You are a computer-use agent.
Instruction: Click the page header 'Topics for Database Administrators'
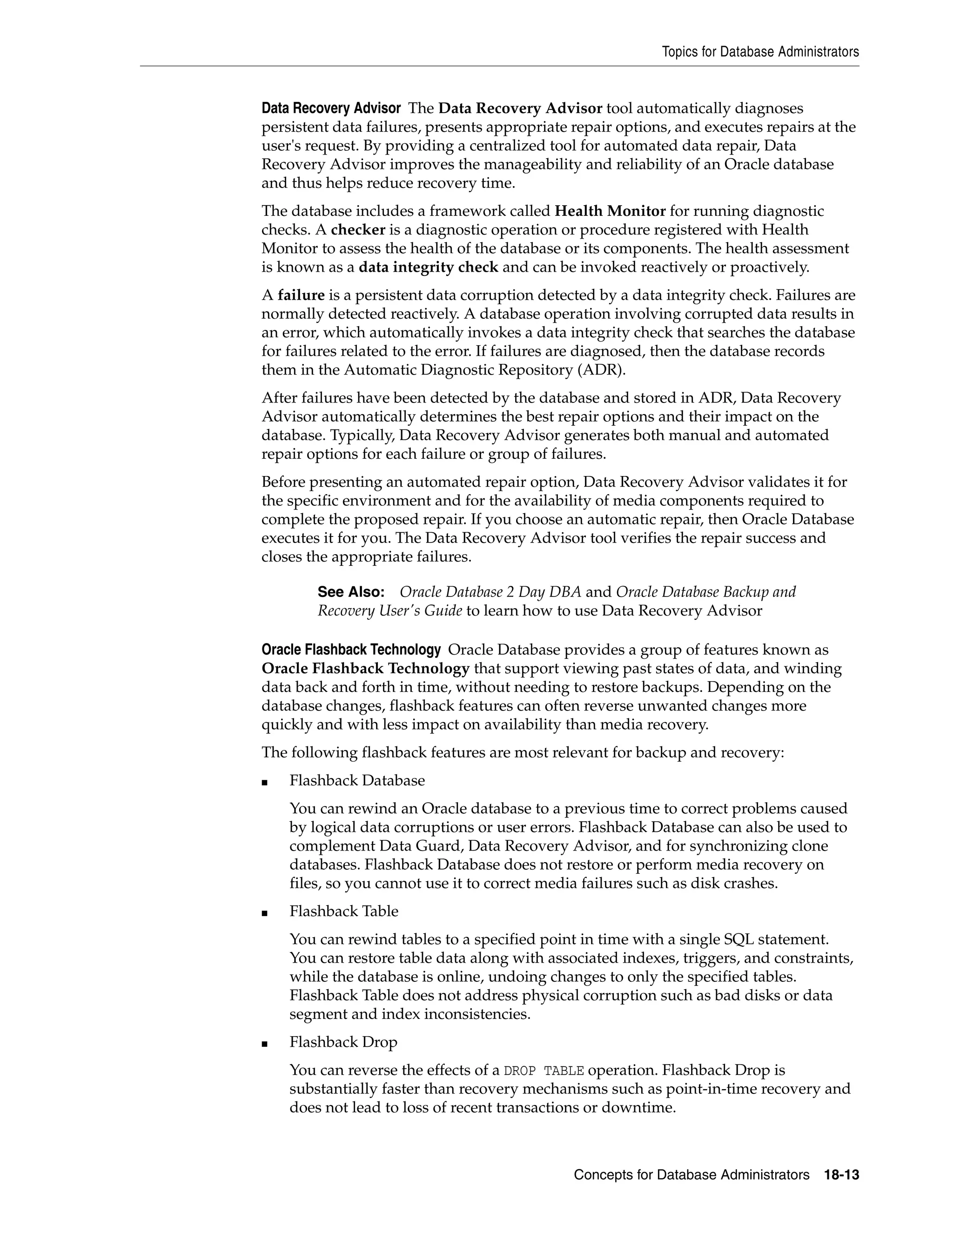coord(760,52)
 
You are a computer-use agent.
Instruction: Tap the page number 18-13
coord(841,1175)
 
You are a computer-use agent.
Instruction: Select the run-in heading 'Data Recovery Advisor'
coord(331,108)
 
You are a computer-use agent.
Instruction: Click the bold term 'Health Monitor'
coord(610,211)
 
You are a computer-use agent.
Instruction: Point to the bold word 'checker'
coord(358,230)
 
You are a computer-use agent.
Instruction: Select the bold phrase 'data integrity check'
coord(429,267)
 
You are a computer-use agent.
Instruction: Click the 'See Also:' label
coord(350,592)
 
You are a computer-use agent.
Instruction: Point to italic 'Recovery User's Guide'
coord(389,610)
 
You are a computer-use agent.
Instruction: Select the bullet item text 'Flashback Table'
coord(344,911)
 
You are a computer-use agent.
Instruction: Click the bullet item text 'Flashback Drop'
coord(343,1042)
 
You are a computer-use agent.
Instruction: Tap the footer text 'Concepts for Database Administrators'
coord(691,1175)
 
